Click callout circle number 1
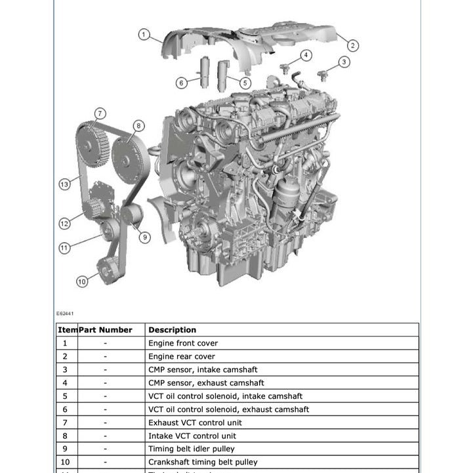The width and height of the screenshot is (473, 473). (144, 34)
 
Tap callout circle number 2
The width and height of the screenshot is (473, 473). (352, 45)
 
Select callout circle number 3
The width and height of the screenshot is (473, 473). (344, 62)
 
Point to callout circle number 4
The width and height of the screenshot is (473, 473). (306, 55)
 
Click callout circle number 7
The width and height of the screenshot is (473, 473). (100, 113)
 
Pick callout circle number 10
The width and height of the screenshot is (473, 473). (81, 281)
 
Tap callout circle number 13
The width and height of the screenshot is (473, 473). (64, 184)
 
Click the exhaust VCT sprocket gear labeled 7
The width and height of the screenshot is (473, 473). (91, 138)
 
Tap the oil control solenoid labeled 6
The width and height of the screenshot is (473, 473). (203, 73)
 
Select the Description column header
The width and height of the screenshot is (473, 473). (172, 330)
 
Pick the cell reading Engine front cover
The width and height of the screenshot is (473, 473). (183, 343)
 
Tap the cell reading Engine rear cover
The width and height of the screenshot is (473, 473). (182, 356)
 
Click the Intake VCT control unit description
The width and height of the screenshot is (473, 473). (192, 436)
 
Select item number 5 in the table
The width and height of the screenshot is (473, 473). (65, 396)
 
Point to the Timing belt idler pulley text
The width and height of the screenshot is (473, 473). (191, 449)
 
